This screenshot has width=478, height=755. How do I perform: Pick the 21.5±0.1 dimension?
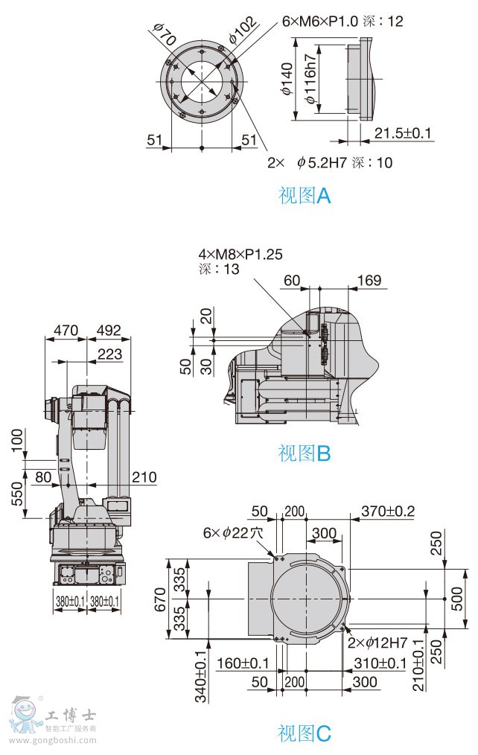403,133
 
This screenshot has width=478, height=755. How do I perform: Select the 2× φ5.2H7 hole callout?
329,162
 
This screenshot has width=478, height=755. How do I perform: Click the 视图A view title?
304,196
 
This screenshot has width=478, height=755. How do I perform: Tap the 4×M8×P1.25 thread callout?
240,254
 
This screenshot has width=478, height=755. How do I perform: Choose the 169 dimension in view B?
369,281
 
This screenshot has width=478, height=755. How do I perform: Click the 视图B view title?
304,453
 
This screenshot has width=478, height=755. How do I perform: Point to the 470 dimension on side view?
66,330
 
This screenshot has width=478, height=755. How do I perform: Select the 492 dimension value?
109,330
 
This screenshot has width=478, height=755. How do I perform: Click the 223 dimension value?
110,354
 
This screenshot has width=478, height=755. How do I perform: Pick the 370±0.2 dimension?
387,511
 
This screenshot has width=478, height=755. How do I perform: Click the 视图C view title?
304,733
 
